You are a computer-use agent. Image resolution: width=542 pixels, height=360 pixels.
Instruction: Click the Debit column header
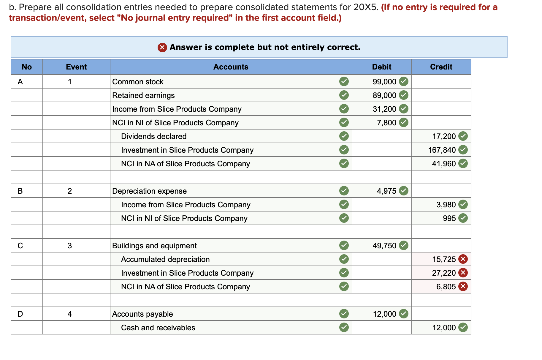381,67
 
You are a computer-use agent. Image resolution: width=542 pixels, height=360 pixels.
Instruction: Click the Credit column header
441,67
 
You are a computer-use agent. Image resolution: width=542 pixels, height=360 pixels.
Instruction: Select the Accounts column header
231,67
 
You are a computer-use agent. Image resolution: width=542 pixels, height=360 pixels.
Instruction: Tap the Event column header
76,67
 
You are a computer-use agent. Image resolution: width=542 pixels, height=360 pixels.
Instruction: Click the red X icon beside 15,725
463,259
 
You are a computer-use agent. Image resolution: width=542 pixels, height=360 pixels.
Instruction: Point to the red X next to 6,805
463,287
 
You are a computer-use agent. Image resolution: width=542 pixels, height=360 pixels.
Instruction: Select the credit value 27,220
444,273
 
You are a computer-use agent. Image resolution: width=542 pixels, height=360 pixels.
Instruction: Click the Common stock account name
138,82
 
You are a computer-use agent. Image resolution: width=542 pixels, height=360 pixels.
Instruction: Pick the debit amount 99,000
384,82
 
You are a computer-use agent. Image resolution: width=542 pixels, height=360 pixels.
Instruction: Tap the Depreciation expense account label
149,191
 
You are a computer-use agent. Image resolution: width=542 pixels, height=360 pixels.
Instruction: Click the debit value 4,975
386,191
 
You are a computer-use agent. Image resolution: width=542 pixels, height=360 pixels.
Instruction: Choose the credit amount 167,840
442,150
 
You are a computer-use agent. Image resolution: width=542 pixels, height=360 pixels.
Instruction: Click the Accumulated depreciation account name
165,259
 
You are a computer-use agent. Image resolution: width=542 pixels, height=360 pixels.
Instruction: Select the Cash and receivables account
158,328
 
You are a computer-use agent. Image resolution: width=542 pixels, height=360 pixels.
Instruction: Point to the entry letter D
20,314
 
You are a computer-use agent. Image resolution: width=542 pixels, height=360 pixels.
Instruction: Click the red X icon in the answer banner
162,47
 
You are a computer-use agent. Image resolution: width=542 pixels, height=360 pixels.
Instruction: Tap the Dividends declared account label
154,136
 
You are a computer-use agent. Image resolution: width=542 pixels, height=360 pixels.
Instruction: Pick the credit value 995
449,218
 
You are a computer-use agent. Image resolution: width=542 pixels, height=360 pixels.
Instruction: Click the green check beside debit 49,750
403,246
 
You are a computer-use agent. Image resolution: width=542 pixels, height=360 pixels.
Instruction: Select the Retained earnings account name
143,95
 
